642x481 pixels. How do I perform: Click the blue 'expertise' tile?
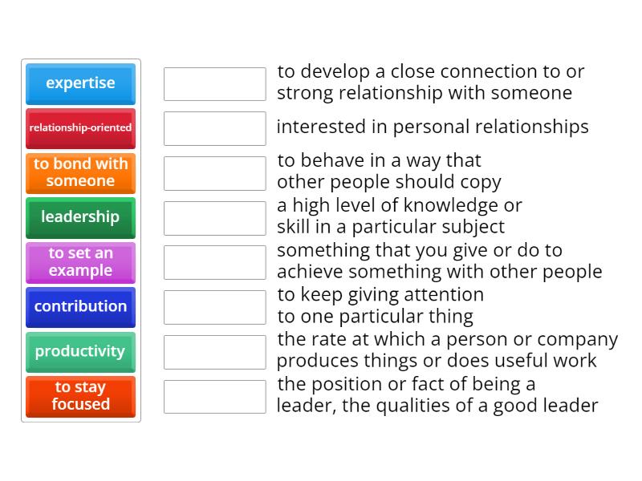point(80,83)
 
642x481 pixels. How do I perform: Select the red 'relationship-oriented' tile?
point(80,127)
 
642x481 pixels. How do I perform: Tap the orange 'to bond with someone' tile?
point(80,172)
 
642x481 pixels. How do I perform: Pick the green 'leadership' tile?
point(80,217)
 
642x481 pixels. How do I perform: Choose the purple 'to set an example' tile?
point(80,262)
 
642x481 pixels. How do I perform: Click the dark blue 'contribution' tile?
point(80,306)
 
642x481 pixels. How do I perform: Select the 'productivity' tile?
point(80,351)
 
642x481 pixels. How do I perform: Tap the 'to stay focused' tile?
point(80,396)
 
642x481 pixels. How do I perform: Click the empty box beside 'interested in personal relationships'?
point(214,128)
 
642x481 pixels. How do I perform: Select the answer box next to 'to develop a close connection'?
point(214,83)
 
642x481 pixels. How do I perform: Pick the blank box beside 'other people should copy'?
point(214,173)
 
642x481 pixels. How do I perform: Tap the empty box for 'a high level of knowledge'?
point(214,218)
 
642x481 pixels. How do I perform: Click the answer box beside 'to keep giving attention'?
point(214,307)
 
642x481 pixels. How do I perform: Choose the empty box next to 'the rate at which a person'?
point(214,352)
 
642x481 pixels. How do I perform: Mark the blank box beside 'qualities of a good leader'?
point(214,397)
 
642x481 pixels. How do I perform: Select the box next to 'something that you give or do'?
point(214,262)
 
